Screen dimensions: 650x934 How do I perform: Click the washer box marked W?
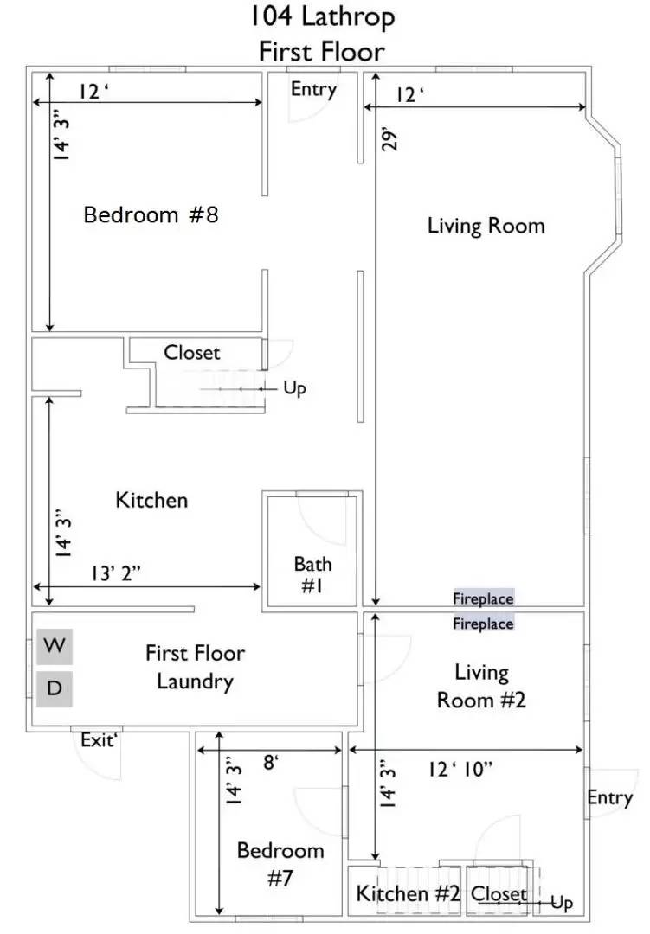tap(55, 646)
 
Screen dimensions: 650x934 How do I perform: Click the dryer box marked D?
tap(55, 688)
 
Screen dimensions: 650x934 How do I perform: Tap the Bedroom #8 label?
tap(151, 214)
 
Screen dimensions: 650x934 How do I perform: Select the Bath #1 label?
tap(312, 575)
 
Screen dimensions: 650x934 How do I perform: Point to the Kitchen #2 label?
tap(408, 893)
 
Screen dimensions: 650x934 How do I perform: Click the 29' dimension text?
tap(389, 138)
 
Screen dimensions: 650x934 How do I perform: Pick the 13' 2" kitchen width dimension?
tap(116, 573)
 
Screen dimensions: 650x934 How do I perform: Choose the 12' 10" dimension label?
tap(460, 769)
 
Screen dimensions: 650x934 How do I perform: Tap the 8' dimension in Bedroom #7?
tap(271, 761)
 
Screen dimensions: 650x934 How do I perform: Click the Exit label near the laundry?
tap(99, 740)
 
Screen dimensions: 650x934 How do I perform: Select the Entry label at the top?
tap(313, 89)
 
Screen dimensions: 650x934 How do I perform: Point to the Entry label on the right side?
tap(609, 797)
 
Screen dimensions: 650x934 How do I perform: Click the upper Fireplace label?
tap(483, 598)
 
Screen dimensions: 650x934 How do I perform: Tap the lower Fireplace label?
tap(483, 623)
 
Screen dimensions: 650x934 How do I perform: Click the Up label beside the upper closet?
tap(294, 388)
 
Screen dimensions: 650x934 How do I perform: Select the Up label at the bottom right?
tap(562, 903)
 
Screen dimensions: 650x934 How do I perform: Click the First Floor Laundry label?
tap(195, 668)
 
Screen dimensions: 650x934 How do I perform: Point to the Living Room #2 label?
tap(481, 686)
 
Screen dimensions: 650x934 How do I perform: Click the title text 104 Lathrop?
tap(322, 17)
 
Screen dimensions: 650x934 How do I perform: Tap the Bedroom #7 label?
tap(280, 864)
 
